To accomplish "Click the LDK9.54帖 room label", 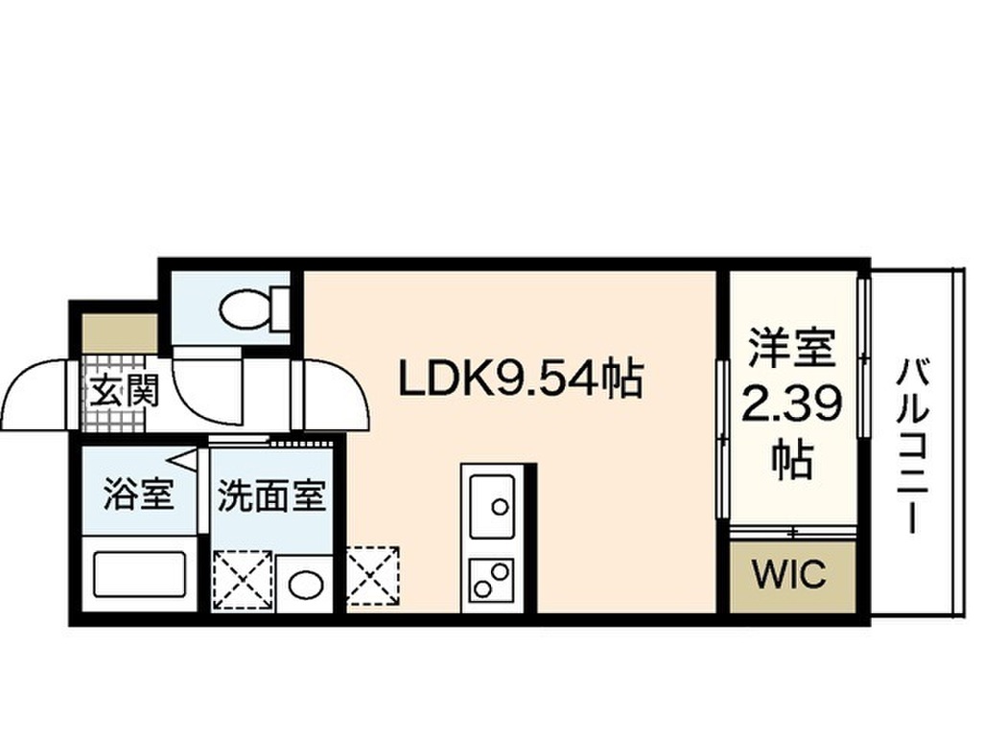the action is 521,378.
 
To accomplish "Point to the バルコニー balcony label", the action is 912,446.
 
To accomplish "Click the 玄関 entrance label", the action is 124,391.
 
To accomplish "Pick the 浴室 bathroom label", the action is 138,494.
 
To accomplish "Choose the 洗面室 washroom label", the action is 271,495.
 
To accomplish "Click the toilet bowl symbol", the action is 245,309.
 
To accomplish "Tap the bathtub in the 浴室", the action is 139,574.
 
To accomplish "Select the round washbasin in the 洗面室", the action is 306,585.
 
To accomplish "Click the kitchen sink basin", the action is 493,506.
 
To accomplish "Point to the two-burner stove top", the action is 492,581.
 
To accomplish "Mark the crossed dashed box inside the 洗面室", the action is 243,580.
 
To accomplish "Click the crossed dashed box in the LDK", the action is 373,576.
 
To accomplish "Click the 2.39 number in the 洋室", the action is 791,405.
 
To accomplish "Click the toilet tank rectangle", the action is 280,308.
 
